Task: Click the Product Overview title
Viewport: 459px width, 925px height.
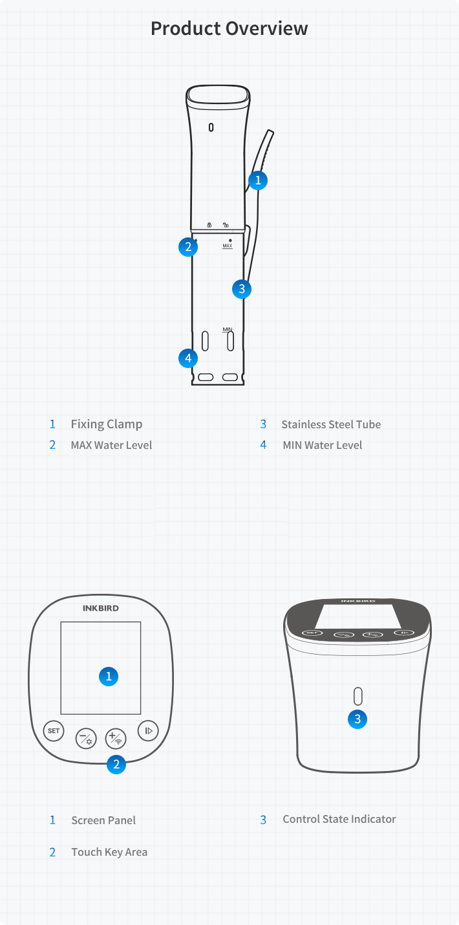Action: [x=229, y=28]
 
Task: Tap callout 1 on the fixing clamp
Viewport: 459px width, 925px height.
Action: [x=258, y=180]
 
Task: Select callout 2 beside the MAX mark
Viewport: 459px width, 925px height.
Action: [x=188, y=247]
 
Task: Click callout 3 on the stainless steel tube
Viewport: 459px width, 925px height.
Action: [x=242, y=289]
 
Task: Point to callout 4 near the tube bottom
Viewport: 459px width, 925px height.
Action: [x=188, y=358]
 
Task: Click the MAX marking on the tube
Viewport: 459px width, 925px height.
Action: [x=228, y=246]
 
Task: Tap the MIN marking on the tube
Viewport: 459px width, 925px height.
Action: [x=228, y=329]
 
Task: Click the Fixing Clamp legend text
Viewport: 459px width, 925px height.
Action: [x=107, y=424]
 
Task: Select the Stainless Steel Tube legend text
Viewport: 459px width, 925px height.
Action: [x=331, y=424]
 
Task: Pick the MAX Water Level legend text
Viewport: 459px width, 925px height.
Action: [x=111, y=445]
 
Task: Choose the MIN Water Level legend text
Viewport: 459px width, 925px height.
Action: [x=323, y=445]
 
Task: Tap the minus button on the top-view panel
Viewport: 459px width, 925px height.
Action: [x=86, y=738]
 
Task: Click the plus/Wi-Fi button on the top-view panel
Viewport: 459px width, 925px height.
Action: [x=116, y=738]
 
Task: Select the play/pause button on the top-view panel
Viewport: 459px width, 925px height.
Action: [x=148, y=730]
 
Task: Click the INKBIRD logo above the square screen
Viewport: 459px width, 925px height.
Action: [x=101, y=608]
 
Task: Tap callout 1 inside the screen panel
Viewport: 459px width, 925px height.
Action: [x=109, y=677]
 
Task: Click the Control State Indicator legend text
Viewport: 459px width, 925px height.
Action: [x=339, y=819]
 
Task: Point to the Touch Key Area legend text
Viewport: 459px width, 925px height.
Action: [x=109, y=853]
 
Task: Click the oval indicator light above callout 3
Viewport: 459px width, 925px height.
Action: [x=358, y=696]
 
